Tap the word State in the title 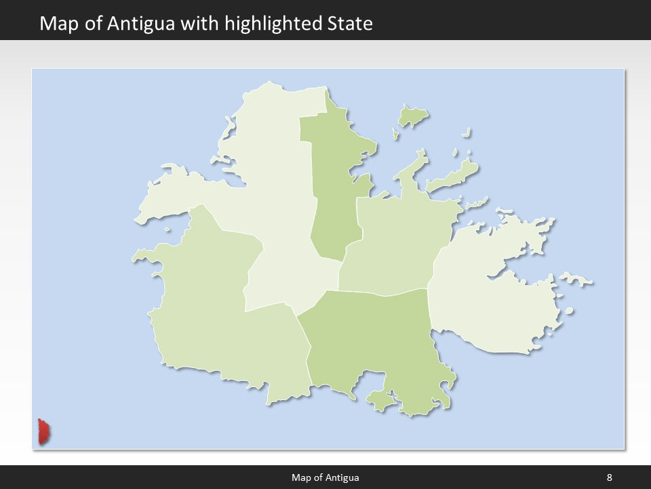point(350,24)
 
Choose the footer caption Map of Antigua point(325,477)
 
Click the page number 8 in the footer point(609,477)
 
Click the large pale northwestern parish point(271,183)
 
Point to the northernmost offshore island point(412,116)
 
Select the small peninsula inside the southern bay point(380,401)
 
